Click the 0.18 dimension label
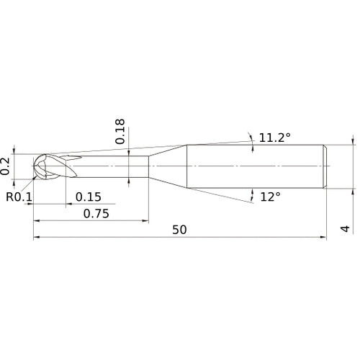120,131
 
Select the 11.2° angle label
275,138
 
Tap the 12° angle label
270,197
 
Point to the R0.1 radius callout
19,197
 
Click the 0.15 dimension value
89,197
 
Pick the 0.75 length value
96,214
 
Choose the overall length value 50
179,230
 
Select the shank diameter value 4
345,229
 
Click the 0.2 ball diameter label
5,166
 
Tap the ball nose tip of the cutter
34,166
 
